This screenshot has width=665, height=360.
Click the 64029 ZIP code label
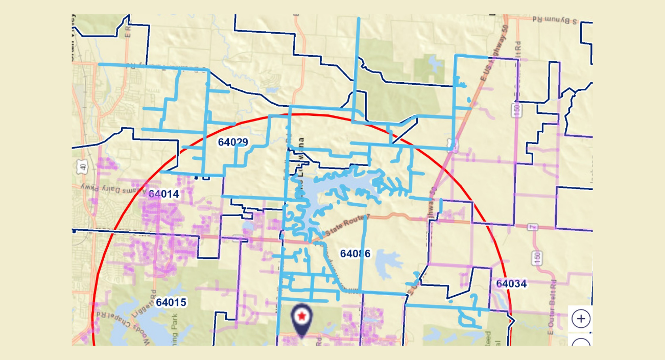(x=232, y=142)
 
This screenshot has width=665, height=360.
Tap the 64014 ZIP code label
(x=163, y=194)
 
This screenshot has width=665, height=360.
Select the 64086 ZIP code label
(x=355, y=253)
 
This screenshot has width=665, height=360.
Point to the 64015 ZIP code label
(x=171, y=302)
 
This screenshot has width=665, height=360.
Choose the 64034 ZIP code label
(x=511, y=283)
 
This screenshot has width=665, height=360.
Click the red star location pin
(x=302, y=318)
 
